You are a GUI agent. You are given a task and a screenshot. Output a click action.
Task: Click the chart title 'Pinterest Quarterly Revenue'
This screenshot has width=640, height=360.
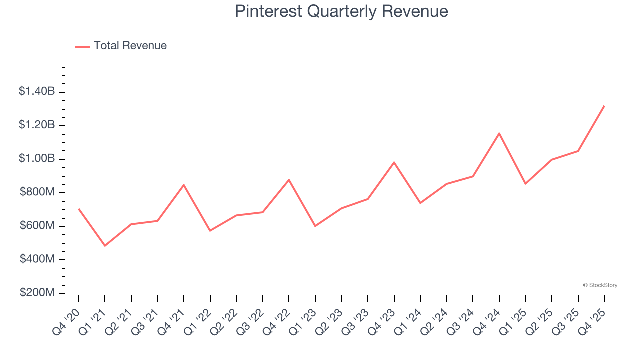pyautogui.click(x=341, y=11)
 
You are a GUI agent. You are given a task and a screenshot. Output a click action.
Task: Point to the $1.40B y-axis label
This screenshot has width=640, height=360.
pyautogui.click(x=37, y=91)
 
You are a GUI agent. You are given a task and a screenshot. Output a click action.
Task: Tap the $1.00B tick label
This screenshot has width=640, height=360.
pyautogui.click(x=37, y=158)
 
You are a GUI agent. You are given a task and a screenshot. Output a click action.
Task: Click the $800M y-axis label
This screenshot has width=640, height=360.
pyautogui.click(x=37, y=192)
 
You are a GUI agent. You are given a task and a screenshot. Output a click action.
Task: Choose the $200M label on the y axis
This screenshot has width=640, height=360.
pyautogui.click(x=37, y=293)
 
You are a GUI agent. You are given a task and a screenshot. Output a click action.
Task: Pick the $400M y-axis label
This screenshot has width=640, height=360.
pyautogui.click(x=37, y=259)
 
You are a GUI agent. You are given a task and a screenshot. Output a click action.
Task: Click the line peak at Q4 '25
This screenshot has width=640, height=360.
pyautogui.click(x=604, y=106)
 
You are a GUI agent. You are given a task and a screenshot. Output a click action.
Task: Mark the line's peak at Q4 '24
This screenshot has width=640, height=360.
pyautogui.click(x=499, y=133)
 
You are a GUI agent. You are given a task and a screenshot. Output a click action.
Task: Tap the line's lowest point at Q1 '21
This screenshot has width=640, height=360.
pyautogui.click(x=105, y=246)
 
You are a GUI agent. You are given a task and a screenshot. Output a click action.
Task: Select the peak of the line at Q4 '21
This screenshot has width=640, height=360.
pyautogui.click(x=184, y=185)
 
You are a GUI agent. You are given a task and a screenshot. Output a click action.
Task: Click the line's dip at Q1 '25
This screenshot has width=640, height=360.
pyautogui.click(x=525, y=184)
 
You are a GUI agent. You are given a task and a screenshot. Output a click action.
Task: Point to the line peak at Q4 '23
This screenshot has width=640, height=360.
pyautogui.click(x=394, y=162)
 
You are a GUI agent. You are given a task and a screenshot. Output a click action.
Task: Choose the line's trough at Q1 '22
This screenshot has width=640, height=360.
pyautogui.click(x=210, y=230)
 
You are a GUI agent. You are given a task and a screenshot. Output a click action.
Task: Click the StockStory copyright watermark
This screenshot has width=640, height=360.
pyautogui.click(x=600, y=285)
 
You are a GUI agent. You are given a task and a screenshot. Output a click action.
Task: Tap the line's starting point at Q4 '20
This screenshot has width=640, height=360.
pyautogui.click(x=79, y=209)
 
